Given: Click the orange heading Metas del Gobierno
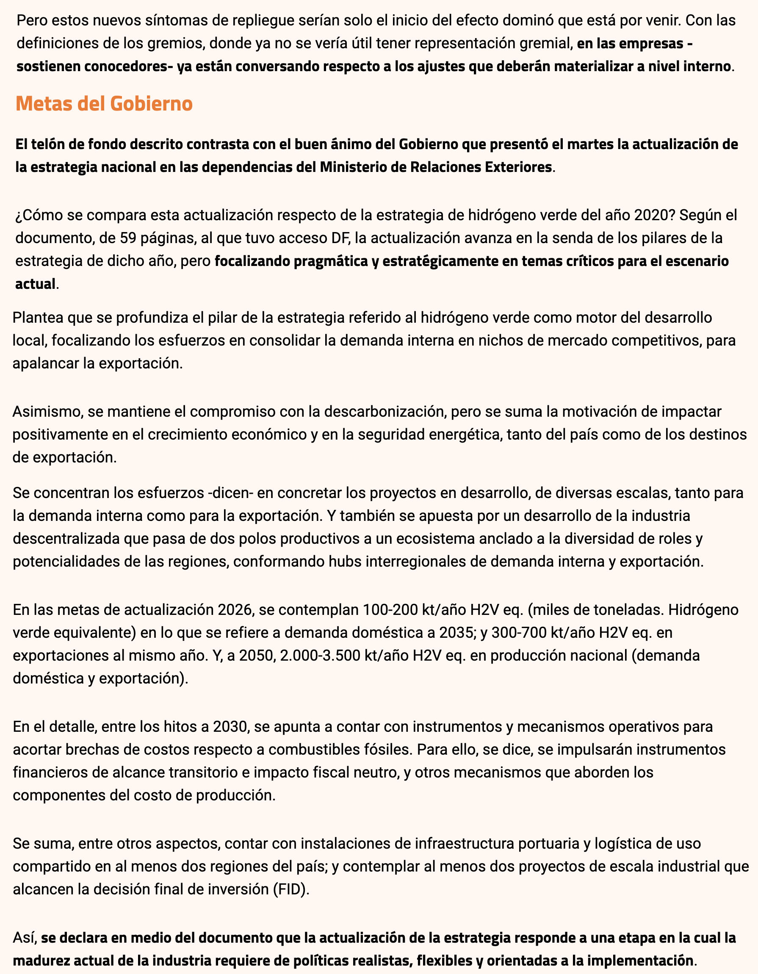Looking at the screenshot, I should tap(104, 103).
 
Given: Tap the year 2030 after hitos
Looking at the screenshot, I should tap(230, 727).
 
